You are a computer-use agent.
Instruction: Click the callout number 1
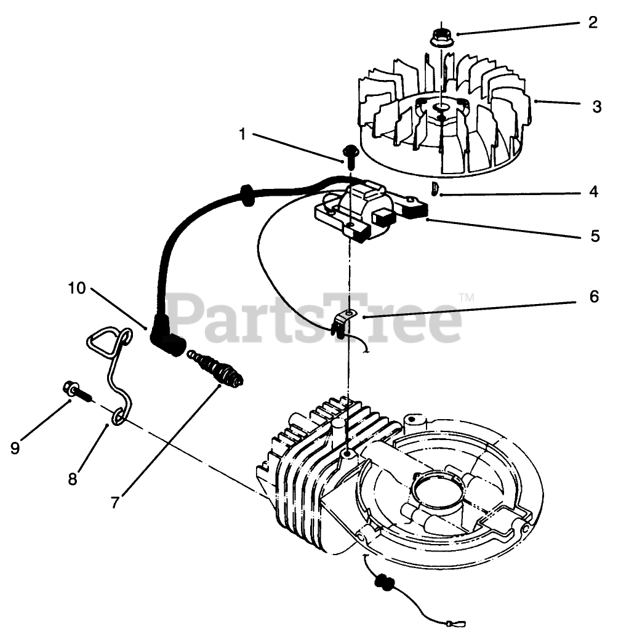tap(242, 134)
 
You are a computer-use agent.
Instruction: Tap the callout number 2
tap(592, 23)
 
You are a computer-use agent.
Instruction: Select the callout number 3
tap(596, 106)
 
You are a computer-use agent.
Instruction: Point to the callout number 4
tap(593, 191)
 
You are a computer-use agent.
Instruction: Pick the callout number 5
tap(595, 236)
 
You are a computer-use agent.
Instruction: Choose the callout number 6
tap(593, 297)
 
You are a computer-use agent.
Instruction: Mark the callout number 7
tap(114, 502)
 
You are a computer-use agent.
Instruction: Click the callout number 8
tap(73, 478)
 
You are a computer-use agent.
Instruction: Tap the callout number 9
tap(15, 448)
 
